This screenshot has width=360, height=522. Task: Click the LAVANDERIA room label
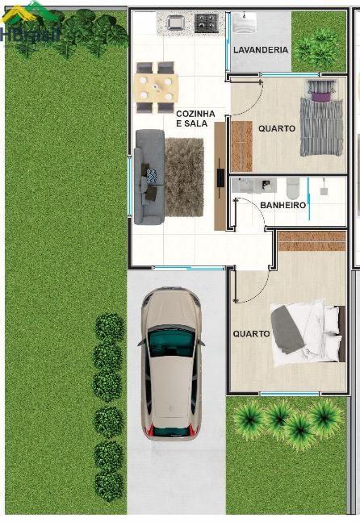(x=261, y=50)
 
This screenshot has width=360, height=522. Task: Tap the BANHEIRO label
(x=283, y=205)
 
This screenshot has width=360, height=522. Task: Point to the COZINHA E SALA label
(x=195, y=119)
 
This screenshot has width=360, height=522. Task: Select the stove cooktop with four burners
(x=207, y=23)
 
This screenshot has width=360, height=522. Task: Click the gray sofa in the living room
(x=149, y=177)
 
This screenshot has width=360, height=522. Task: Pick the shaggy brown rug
(x=184, y=177)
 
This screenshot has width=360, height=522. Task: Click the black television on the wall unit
(x=221, y=177)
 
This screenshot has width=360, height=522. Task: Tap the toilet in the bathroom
(x=293, y=188)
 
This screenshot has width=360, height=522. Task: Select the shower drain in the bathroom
(x=324, y=191)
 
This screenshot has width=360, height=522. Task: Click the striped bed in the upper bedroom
(x=321, y=118)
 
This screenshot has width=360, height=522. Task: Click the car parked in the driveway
(x=171, y=363)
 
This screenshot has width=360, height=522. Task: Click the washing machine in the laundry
(x=245, y=23)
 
